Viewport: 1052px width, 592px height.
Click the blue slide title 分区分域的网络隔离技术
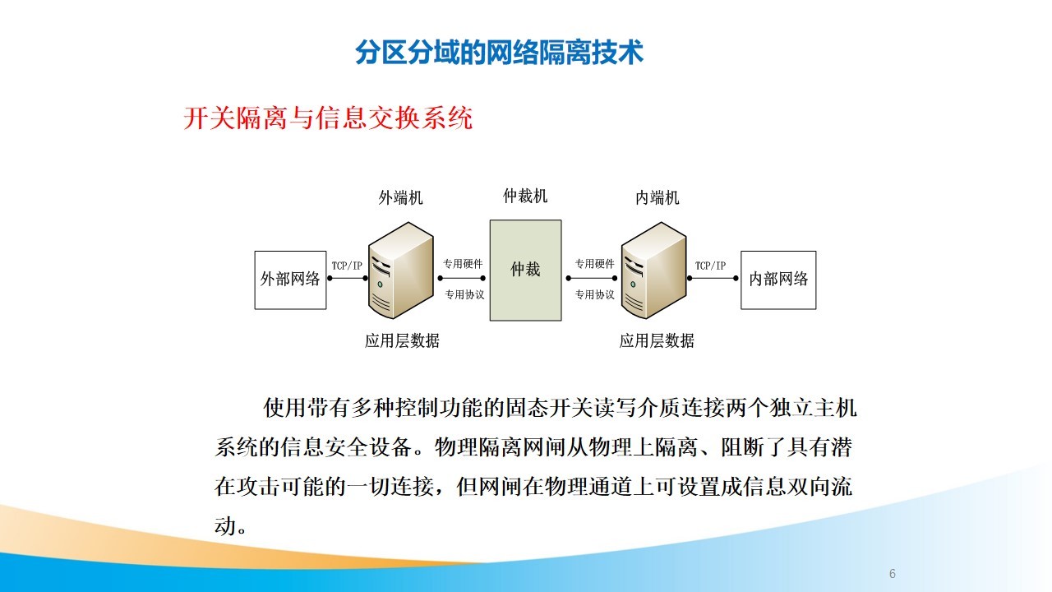click(499, 52)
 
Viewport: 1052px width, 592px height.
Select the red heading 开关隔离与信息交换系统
click(328, 118)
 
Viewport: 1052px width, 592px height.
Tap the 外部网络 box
click(290, 280)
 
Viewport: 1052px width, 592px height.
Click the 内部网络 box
click(778, 280)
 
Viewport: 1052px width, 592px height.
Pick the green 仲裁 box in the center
click(525, 271)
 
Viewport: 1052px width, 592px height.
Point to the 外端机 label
click(400, 198)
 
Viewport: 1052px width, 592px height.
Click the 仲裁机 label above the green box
click(525, 196)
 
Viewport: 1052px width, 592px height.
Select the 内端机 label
click(657, 198)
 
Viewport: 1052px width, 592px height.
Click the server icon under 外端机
click(400, 271)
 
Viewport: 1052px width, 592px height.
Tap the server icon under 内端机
click(653, 271)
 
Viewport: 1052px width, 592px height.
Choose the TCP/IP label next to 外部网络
click(347, 266)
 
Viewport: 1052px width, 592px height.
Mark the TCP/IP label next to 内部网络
click(711, 266)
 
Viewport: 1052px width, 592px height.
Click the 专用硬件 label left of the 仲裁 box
click(463, 264)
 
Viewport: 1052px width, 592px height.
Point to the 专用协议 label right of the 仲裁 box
click(595, 294)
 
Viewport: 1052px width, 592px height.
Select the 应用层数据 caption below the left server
click(402, 340)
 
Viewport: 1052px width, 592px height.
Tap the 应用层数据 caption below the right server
click(657, 340)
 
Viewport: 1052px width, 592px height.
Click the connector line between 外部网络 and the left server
click(348, 278)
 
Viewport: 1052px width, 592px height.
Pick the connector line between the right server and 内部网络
click(713, 278)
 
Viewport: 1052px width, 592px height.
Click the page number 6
click(893, 574)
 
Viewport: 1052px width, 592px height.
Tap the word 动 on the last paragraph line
click(225, 525)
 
